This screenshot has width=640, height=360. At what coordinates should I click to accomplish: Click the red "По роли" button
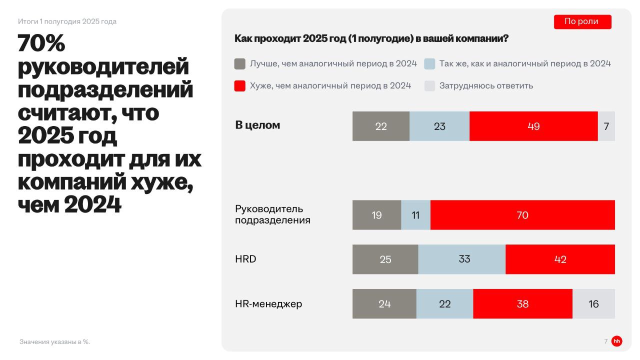[582, 21]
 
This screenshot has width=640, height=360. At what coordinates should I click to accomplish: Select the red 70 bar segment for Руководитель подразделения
[522, 215]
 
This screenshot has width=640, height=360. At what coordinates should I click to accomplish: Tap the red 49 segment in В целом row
[533, 126]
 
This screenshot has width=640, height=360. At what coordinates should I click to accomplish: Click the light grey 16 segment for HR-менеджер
[593, 303]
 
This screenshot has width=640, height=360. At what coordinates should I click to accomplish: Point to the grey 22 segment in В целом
[381, 126]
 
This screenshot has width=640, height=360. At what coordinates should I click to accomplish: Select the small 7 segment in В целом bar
[606, 126]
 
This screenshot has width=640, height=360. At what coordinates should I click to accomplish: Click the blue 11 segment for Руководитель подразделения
[415, 215]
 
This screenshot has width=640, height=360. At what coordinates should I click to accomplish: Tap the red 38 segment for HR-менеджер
[522, 303]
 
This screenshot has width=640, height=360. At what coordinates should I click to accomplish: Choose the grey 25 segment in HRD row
[385, 259]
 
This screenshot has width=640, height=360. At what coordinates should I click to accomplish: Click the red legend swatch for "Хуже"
[240, 86]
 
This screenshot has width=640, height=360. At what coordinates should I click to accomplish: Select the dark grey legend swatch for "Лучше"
[240, 64]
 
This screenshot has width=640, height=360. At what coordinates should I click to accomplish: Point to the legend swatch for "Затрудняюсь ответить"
[429, 86]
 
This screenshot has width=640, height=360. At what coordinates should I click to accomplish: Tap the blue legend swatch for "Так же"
[429, 64]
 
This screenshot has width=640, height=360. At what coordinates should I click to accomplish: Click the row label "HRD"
[245, 259]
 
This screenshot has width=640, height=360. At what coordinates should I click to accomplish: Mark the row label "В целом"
[257, 125]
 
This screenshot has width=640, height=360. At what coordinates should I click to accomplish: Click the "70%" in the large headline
[41, 44]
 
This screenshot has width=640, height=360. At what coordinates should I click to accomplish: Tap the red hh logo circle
[617, 341]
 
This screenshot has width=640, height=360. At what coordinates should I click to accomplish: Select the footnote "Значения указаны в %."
[54, 342]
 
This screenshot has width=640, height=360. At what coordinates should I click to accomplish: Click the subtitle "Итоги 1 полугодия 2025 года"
[67, 21]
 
